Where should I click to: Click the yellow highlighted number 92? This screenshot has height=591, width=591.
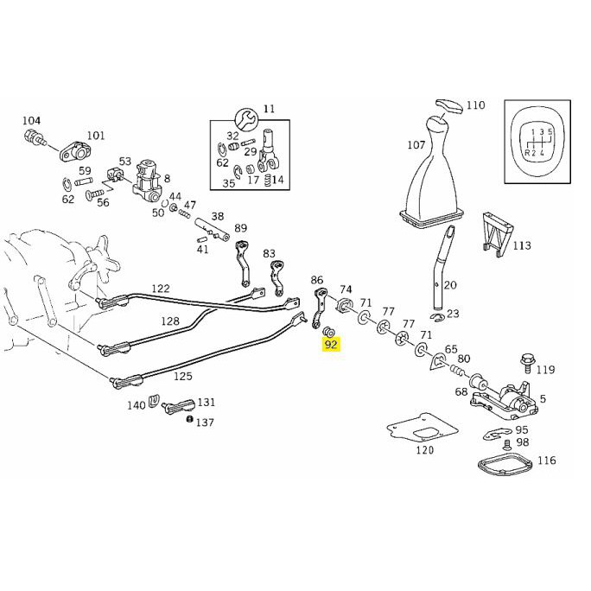pyautogui.click(x=331, y=345)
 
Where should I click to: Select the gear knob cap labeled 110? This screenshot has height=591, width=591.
pyautogui.click(x=449, y=106)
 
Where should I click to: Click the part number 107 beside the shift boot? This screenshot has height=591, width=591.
pyautogui.click(x=416, y=145)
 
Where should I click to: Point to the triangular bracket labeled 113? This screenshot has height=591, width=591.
pyautogui.click(x=496, y=233)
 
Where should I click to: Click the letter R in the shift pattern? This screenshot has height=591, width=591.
pyautogui.click(x=526, y=153)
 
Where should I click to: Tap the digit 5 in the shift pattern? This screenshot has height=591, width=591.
pyautogui.click(x=550, y=132)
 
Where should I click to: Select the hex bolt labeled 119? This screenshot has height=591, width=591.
pyautogui.click(x=526, y=363)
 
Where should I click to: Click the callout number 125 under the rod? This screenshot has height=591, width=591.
pyautogui.click(x=183, y=376)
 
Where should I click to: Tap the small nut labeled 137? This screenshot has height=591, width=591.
pyautogui.click(x=190, y=419)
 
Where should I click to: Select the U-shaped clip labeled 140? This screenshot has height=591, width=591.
pyautogui.click(x=153, y=400)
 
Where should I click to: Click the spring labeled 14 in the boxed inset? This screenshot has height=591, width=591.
pyautogui.click(x=269, y=181)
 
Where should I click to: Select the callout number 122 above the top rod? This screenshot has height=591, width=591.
pyautogui.click(x=161, y=289)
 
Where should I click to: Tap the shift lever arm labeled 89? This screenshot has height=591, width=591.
pyautogui.click(x=243, y=264)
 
